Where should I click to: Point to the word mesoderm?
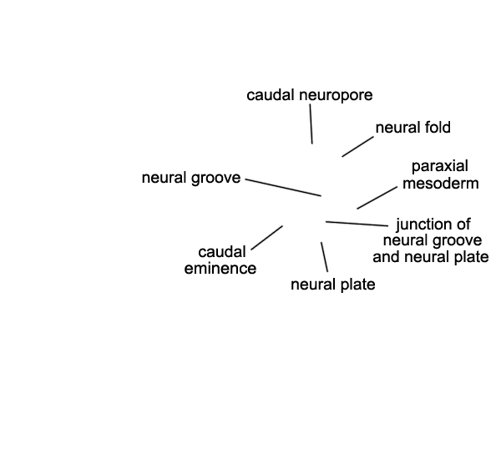440,183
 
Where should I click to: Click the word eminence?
220,268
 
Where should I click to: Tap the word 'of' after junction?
463,224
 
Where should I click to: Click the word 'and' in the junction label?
387,256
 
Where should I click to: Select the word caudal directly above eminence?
221,252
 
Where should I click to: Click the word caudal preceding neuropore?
271,95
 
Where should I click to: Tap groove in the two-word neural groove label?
216,178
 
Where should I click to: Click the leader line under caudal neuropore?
311,126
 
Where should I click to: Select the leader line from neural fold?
357,146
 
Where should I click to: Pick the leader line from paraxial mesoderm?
377,197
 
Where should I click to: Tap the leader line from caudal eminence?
266,237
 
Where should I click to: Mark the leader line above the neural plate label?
324,256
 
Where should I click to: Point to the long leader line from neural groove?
284,187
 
